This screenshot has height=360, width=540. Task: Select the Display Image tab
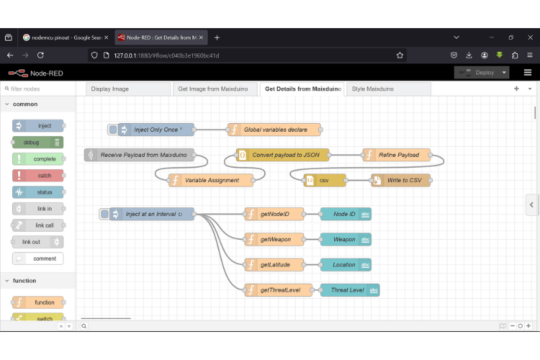pyautogui.click(x=110, y=89)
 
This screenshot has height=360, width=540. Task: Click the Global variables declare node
pyautogui.click(x=274, y=130)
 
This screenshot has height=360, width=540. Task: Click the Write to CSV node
pyautogui.click(x=402, y=180)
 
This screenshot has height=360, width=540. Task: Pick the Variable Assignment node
pyautogui.click(x=211, y=180)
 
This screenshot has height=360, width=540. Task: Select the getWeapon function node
pyautogui.click(x=274, y=239)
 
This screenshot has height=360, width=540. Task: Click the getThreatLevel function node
pyautogui.click(x=279, y=290)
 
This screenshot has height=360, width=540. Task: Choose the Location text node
pyautogui.click(x=346, y=264)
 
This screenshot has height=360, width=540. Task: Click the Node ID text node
pyautogui.click(x=346, y=214)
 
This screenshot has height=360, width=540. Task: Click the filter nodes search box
pyautogui.click(x=40, y=89)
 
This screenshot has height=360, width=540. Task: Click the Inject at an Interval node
pyautogui.click(x=152, y=214)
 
